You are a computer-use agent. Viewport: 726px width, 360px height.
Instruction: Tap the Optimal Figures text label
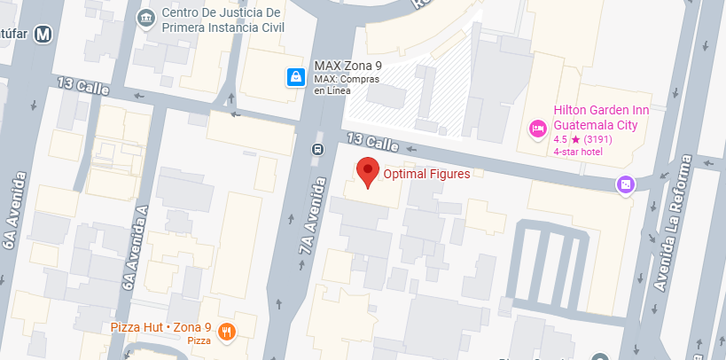pyautogui.click(x=426, y=175)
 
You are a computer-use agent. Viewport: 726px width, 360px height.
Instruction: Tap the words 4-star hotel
pyautogui.click(x=578, y=153)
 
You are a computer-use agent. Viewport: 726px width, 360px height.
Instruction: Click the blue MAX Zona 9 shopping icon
pyautogui.click(x=294, y=77)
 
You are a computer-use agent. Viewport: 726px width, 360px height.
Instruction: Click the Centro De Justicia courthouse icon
pyautogui.click(x=145, y=18)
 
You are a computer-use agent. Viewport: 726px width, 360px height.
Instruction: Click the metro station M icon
pyautogui.click(x=43, y=35)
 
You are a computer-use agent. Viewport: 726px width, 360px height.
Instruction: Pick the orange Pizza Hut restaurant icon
pyautogui.click(x=228, y=333)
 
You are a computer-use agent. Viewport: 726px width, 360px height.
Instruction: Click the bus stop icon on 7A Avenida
pyautogui.click(x=316, y=149)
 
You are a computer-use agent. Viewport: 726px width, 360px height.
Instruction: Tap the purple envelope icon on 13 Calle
pyautogui.click(x=626, y=184)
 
